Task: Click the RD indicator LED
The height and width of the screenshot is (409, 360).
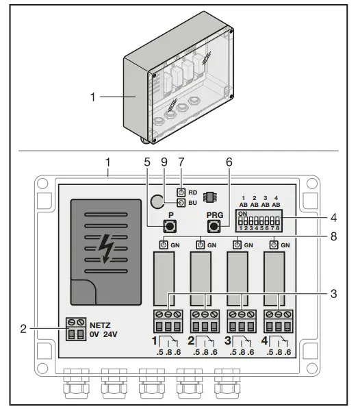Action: click(181, 192)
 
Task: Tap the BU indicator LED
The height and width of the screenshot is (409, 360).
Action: click(181, 203)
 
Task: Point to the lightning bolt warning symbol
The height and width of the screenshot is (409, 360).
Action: click(105, 249)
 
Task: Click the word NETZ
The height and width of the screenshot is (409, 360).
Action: click(100, 325)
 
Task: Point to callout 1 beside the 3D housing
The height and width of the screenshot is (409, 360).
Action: click(92, 97)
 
